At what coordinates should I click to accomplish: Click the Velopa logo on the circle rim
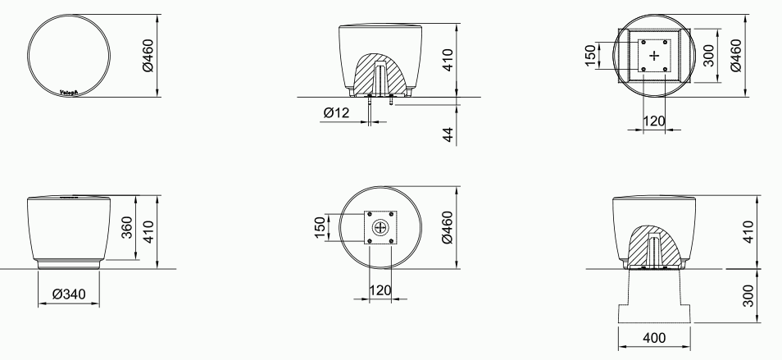point(70,93)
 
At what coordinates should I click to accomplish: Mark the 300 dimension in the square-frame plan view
point(709,54)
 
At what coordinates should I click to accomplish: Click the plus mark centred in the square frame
point(653,55)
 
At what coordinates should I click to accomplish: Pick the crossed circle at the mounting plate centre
point(380,227)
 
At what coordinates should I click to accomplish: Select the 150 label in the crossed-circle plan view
point(320,227)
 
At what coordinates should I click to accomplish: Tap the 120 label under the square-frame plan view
point(652,121)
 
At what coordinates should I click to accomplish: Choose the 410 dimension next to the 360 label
point(148,231)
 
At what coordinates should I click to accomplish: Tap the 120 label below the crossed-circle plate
point(380,291)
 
